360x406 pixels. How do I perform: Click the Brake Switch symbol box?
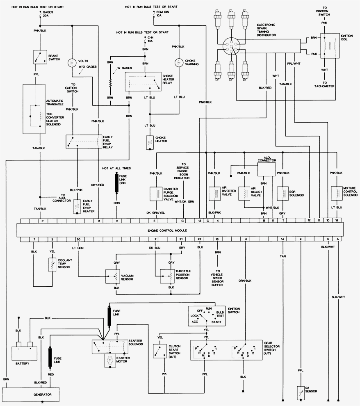tap(40, 57)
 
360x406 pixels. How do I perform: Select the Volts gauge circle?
tap(72, 62)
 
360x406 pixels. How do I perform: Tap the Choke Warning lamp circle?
tap(179, 62)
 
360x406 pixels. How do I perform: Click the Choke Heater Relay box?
tap(143, 82)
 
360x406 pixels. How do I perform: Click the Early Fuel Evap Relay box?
tap(83, 141)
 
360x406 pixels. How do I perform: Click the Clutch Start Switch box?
tap(158, 351)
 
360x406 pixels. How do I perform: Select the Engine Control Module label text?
tap(167, 230)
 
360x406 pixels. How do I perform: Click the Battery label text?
tap(23, 363)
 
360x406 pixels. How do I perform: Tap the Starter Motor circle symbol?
tap(110, 360)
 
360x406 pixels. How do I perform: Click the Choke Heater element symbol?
tap(149, 142)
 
